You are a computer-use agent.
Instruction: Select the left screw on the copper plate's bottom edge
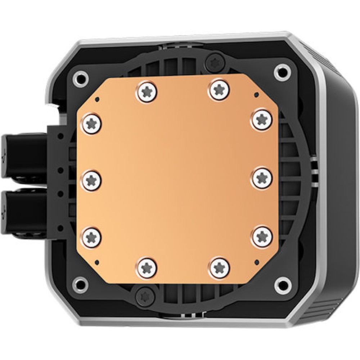[147, 267]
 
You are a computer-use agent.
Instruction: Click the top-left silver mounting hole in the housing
[80, 77]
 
